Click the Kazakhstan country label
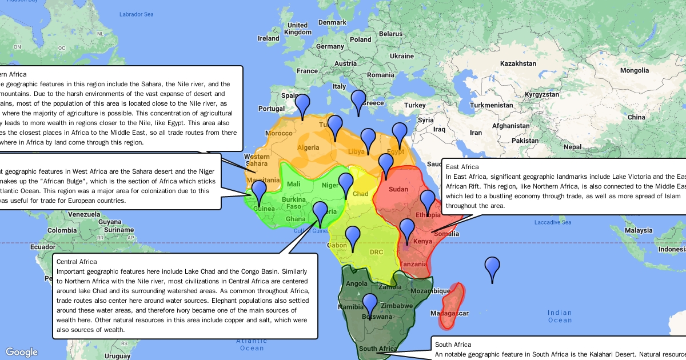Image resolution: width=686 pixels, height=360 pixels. tap(519, 63)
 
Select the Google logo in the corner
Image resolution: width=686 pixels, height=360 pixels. tap(22, 352)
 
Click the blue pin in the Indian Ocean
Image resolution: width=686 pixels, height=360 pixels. tap(492, 269)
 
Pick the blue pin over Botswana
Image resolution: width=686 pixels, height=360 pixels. tap(370, 305)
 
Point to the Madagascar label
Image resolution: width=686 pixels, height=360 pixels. tap(450, 313)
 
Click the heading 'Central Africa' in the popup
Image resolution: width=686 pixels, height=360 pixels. tap(77, 262)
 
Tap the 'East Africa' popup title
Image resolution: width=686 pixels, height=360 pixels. tap(463, 167)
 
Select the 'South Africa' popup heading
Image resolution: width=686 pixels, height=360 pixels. tap(453, 345)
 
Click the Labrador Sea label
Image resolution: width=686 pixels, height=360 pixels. tap(137, 14)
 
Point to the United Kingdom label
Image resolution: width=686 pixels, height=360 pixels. tap(298, 29)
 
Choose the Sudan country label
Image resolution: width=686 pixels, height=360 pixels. tap(398, 189)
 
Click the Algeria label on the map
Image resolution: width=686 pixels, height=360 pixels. tap(308, 147)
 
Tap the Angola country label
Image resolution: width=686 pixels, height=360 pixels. tap(357, 283)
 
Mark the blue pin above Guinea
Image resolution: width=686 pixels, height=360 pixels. tap(260, 191)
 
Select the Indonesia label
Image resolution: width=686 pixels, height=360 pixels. tap(672, 250)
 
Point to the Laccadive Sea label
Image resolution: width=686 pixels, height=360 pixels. tap(553, 222)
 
